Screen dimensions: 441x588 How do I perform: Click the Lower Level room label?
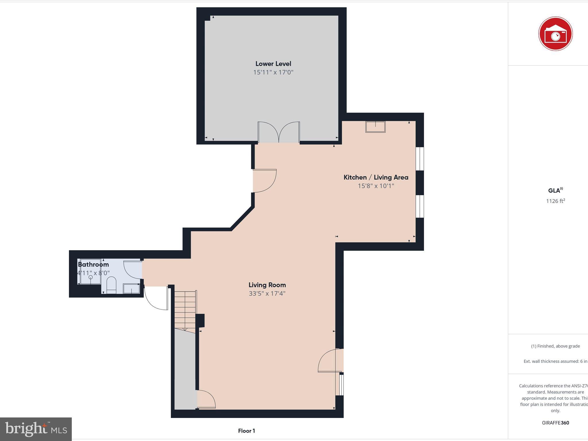point(273,64)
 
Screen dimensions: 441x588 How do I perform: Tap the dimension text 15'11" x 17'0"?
point(273,72)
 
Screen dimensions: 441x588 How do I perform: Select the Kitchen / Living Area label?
point(376,177)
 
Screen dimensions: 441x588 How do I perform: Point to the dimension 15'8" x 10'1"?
point(376,186)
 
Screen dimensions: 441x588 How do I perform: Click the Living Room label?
point(267,285)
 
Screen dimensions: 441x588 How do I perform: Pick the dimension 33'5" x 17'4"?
point(267,293)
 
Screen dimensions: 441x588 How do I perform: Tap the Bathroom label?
point(93,264)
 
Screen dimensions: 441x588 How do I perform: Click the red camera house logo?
point(555,34)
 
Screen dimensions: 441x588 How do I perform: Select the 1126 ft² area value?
point(555,201)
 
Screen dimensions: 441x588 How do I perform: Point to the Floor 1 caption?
point(246,431)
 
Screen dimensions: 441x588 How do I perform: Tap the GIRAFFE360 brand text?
point(555,423)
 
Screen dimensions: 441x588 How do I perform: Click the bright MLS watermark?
point(36,429)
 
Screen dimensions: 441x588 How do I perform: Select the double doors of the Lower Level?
point(279,132)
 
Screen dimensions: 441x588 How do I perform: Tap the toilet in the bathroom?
point(111,284)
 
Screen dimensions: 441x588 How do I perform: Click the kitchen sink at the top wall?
point(375,127)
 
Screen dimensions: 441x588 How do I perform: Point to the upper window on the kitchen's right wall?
point(420,159)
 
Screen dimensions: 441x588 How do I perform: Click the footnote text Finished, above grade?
point(555,346)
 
